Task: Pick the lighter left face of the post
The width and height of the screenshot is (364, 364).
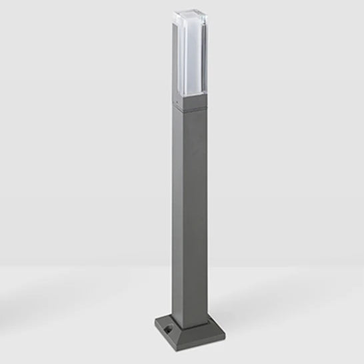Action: coord(179,213)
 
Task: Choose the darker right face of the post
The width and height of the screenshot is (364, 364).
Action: coord(198,213)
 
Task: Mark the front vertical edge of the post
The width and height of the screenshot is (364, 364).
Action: coord(189,213)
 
